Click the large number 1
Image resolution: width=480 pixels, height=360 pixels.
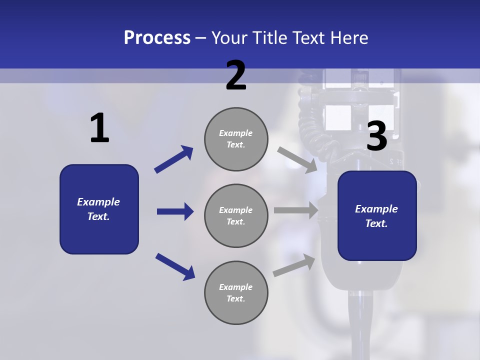point(99,128)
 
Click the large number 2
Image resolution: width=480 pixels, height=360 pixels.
point(236,75)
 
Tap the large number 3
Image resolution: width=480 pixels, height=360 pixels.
point(377,136)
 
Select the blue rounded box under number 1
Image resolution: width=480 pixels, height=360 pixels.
point(99,209)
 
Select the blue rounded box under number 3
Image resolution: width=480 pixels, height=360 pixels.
point(377,216)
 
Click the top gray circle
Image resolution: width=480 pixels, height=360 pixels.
point(236,139)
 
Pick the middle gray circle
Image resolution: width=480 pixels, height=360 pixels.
point(236,216)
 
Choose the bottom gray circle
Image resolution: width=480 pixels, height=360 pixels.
point(236,293)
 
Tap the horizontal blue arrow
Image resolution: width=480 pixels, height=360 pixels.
point(175,211)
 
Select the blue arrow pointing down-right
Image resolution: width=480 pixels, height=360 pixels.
point(175,266)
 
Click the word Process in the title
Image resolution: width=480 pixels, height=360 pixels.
point(157,37)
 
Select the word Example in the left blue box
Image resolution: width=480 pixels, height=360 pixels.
point(98,202)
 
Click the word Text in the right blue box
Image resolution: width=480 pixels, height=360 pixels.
point(375,223)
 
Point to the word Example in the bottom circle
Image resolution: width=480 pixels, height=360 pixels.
point(236,287)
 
